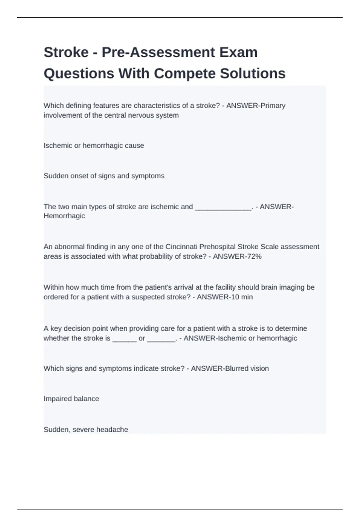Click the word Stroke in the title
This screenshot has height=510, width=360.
pos(66,52)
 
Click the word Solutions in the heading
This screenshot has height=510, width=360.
pos(253,73)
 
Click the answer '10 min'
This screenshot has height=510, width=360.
pos(240,297)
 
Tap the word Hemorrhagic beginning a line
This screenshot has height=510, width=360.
pos(64,216)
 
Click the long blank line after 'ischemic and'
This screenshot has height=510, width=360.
pos(223,207)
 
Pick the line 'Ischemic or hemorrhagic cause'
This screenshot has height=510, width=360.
pos(94,145)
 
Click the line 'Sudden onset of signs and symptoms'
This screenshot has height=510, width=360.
pos(104,176)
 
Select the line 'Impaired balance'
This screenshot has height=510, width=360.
pos(71,399)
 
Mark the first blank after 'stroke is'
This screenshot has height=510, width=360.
pos(124,338)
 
